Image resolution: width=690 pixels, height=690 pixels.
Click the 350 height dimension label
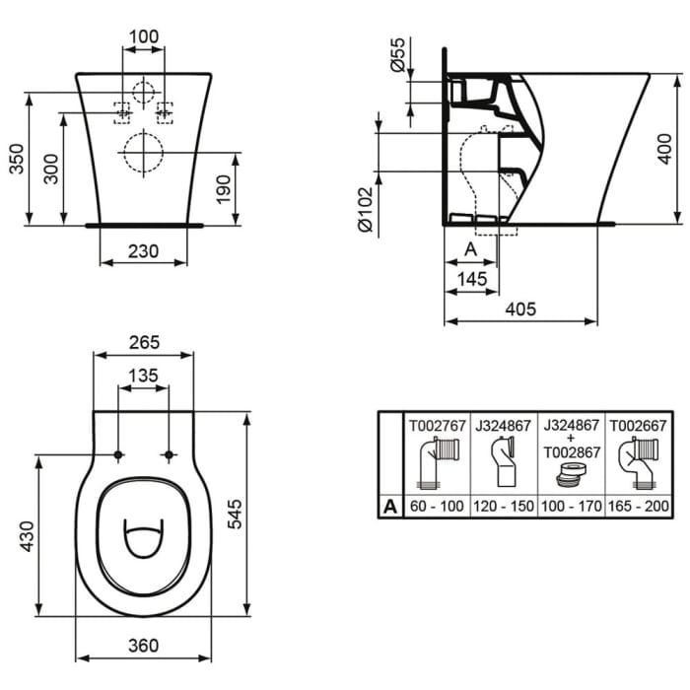(x=17, y=158)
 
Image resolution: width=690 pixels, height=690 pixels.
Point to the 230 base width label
(x=144, y=250)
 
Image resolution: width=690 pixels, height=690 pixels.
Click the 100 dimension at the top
(x=144, y=36)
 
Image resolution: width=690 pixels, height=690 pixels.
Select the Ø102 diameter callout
(x=368, y=211)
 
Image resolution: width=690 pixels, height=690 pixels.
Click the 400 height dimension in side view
(x=667, y=147)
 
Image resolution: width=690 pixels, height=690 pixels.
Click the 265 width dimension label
(x=144, y=342)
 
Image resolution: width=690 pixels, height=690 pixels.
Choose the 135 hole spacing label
(x=144, y=375)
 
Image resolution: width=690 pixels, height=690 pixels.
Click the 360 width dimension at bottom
(x=144, y=646)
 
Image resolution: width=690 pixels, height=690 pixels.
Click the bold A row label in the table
(x=391, y=507)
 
